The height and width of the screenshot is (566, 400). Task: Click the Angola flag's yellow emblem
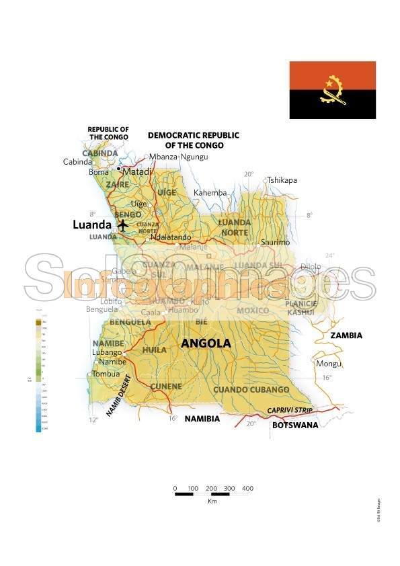pyautogui.click(x=332, y=91)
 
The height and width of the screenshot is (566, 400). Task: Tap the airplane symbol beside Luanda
pyautogui.click(x=123, y=225)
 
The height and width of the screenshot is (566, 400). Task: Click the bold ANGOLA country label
pyautogui.click(x=206, y=343)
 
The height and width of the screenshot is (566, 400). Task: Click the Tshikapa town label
pyautogui.click(x=282, y=180)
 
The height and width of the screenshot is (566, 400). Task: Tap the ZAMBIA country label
pyautogui.click(x=346, y=335)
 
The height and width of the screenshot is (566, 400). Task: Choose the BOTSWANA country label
pyautogui.click(x=295, y=426)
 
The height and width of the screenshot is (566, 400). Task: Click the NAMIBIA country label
pyautogui.click(x=202, y=418)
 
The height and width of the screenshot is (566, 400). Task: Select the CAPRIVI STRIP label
pyautogui.click(x=290, y=409)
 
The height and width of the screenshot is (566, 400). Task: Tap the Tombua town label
pyautogui.click(x=106, y=374)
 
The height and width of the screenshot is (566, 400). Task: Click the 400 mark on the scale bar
pyautogui.click(x=247, y=488)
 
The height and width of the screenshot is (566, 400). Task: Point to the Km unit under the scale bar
pyautogui.click(x=212, y=501)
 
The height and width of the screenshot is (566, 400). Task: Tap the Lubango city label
pyautogui.click(x=107, y=352)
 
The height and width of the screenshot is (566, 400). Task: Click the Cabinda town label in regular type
pyautogui.click(x=77, y=162)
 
